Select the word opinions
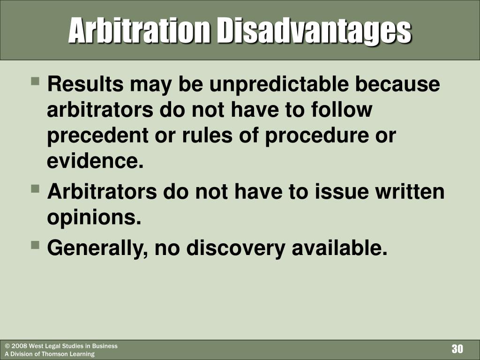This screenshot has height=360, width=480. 94,218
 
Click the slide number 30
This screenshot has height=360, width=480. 457,349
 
